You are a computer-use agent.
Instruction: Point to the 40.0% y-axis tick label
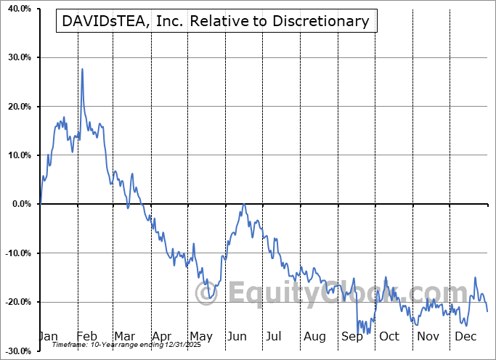(17, 9)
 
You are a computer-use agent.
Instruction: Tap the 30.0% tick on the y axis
(17, 57)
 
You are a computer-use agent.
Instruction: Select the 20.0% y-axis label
(17, 107)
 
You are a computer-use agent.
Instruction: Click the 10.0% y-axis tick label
(17, 155)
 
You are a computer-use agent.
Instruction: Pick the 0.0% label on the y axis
(20, 204)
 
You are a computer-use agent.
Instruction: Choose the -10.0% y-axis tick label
(16, 253)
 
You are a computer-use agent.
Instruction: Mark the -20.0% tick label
(16, 302)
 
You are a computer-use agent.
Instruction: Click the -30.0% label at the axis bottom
(16, 351)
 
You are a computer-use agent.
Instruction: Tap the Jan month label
(48, 337)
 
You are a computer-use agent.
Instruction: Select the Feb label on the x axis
(86, 337)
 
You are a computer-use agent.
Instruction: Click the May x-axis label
(200, 337)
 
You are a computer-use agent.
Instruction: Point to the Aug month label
(315, 337)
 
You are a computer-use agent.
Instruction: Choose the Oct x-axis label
(389, 337)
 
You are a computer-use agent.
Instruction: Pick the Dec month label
(465, 337)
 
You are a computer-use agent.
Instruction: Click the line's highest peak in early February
(82, 69)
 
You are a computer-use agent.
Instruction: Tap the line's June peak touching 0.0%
(244, 205)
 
